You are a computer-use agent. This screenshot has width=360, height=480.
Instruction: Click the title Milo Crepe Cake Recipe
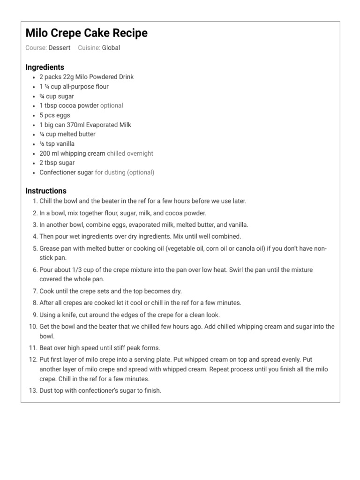point(86,33)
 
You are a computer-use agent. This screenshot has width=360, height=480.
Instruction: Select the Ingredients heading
point(45,67)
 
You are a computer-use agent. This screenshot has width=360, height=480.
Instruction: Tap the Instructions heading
point(46,191)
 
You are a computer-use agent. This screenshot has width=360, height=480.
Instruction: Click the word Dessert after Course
point(60,48)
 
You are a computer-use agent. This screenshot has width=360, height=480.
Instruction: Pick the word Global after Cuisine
point(111,48)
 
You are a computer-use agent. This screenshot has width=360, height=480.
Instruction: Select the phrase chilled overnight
point(130,153)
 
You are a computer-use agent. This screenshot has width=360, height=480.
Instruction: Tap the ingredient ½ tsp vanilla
point(57,144)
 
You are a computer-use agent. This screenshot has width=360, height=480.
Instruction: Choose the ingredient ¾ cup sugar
point(57,96)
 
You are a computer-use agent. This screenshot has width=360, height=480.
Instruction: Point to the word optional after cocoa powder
point(112,105)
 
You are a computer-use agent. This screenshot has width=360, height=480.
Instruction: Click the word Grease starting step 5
point(49,248)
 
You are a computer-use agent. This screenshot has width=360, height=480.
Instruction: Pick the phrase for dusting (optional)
point(125,172)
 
